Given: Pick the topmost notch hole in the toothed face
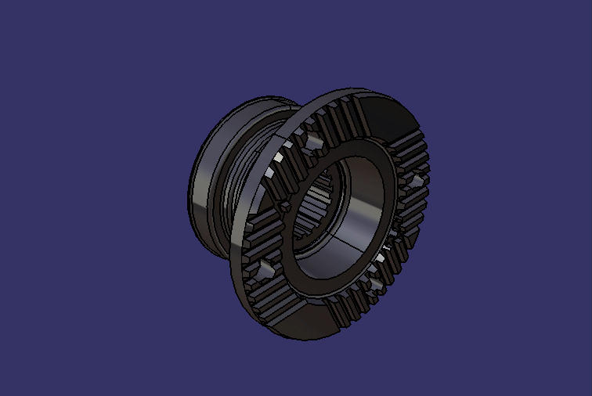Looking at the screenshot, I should pyautogui.click(x=314, y=142).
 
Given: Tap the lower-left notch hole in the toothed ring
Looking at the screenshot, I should pyautogui.click(x=264, y=270).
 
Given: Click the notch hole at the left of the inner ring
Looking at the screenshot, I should pyautogui.click(x=283, y=205).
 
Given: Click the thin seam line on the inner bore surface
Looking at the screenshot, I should pyautogui.click(x=345, y=235).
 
